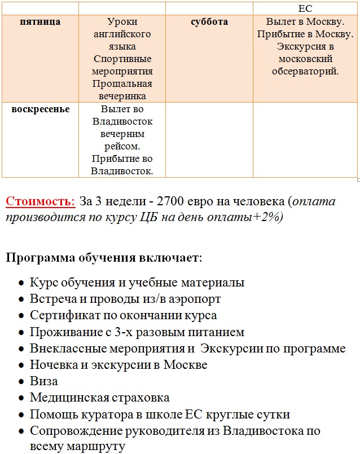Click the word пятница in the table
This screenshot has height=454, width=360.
[x=40, y=21]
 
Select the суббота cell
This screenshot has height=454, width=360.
[x=209, y=21]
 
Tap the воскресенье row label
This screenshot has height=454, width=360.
[x=41, y=109]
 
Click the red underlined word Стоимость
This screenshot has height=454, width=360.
[x=40, y=201]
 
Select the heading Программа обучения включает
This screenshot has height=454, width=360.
[x=104, y=258]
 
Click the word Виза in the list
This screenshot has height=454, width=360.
[x=43, y=381]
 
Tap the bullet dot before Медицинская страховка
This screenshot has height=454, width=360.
[x=21, y=399]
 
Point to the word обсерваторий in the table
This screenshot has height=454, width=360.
[x=305, y=71]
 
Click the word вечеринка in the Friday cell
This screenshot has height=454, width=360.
[x=122, y=96]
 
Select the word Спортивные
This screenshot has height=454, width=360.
[x=122, y=59]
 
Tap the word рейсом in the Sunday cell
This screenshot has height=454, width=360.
[x=122, y=146]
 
